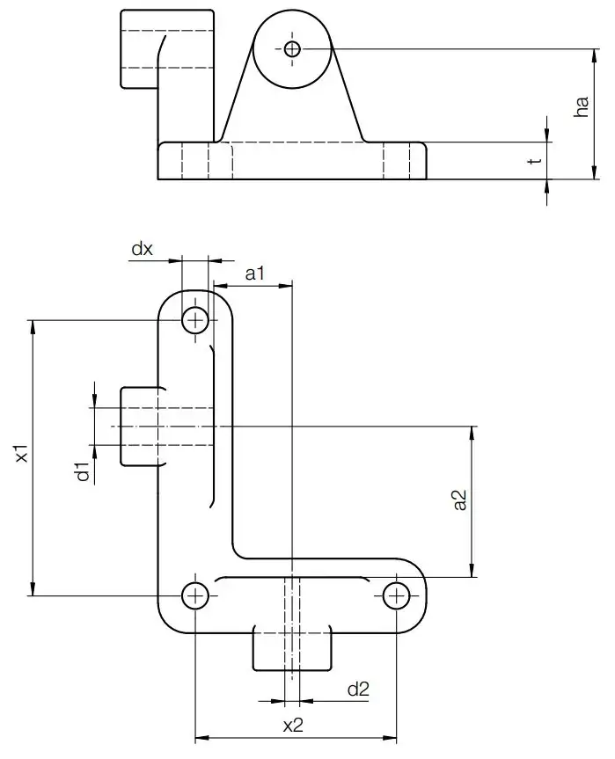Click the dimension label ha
pyautogui.click(x=581, y=107)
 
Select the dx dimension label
pyautogui.click(x=142, y=249)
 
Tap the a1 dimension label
pyautogui.click(x=255, y=274)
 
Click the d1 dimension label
pyautogui.click(x=83, y=471)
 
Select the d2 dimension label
pyautogui.click(x=358, y=690)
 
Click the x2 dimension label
pyautogui.click(x=293, y=726)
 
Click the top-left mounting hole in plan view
pyautogui.click(x=196, y=321)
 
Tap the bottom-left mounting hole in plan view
pyautogui.click(x=195, y=596)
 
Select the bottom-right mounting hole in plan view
pyautogui.click(x=397, y=596)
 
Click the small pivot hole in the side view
pyautogui.click(x=292, y=48)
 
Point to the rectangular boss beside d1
pyautogui.click(x=139, y=427)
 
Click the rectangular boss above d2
pyautogui.click(x=292, y=649)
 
